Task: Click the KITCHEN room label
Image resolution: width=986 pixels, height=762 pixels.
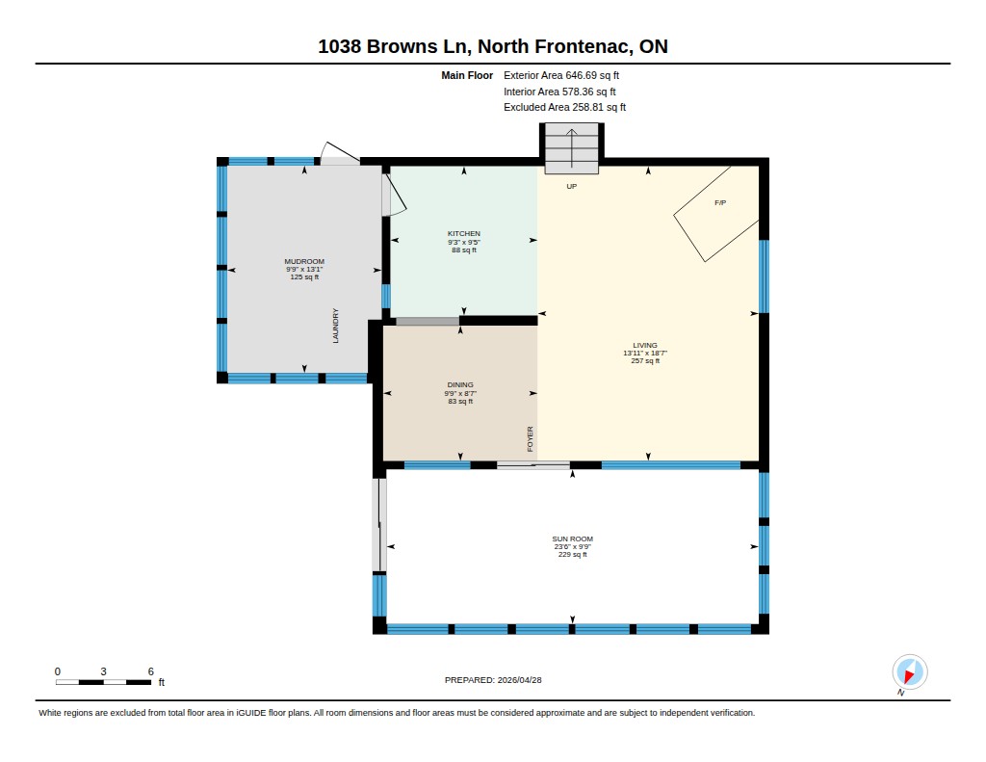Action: coord(464,233)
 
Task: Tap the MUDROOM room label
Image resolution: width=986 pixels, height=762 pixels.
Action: coord(304,261)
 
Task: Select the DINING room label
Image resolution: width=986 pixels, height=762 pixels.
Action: coord(460,384)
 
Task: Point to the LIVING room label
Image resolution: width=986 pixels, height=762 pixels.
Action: coord(645,345)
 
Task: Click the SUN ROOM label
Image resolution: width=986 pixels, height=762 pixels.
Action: coord(572,539)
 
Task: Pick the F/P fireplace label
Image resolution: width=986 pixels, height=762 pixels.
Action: coord(720,202)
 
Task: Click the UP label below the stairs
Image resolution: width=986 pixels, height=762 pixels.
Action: coord(572,186)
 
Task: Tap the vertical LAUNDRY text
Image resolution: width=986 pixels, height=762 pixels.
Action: coord(335,326)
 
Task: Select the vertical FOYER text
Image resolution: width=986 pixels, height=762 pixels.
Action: coord(531,438)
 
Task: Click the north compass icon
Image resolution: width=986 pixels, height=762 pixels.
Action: coord(909,672)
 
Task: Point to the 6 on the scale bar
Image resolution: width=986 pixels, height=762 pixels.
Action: coord(151,671)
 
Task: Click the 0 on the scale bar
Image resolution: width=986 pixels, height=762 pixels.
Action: coord(58,671)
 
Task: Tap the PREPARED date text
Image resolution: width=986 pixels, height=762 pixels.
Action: coord(493,679)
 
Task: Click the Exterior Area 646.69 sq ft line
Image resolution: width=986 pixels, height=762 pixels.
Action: coord(561,75)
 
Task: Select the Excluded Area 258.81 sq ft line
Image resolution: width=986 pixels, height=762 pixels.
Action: coord(564,107)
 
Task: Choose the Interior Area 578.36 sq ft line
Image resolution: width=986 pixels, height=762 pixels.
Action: coord(559,92)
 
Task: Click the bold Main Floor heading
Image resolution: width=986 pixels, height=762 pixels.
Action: coord(467,75)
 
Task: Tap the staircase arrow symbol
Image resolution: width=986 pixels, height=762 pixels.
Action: coord(572,147)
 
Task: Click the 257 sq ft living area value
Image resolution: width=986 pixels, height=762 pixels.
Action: coord(645,361)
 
